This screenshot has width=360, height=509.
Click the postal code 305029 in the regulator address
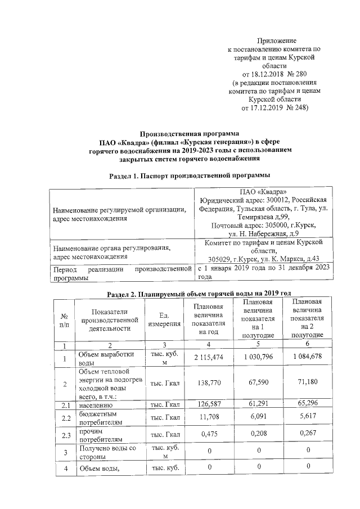220,258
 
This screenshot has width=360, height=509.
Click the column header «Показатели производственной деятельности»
109,320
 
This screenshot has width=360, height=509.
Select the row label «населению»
96,404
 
